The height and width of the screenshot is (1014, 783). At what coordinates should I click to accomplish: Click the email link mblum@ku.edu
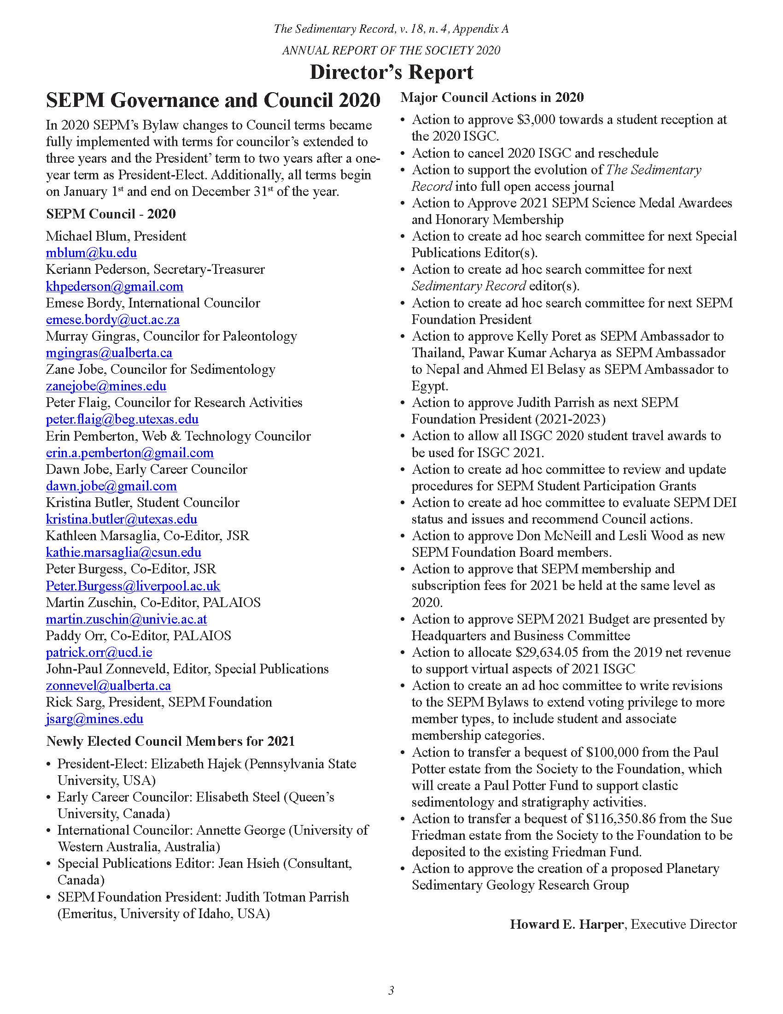pyautogui.click(x=91, y=253)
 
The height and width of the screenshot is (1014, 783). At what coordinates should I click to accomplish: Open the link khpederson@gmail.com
pyautogui.click(x=114, y=287)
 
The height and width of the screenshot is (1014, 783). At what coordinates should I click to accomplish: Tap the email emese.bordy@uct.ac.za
pyautogui.click(x=112, y=320)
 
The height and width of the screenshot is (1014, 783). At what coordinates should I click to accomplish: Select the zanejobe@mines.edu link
pyautogui.click(x=106, y=386)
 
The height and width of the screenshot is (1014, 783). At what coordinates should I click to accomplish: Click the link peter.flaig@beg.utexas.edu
pyautogui.click(x=122, y=420)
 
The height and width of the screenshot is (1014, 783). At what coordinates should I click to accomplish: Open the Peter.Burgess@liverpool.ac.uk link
pyautogui.click(x=133, y=586)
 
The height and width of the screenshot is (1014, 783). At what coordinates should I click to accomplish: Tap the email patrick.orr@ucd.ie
pyautogui.click(x=99, y=653)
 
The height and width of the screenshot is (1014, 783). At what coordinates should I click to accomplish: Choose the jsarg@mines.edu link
pyautogui.click(x=94, y=719)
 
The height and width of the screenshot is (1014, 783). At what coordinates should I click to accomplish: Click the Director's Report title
pyautogui.click(x=391, y=72)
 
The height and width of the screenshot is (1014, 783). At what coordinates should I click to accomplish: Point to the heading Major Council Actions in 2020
pyautogui.click(x=492, y=98)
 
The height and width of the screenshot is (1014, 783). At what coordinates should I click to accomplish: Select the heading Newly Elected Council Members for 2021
pyautogui.click(x=170, y=742)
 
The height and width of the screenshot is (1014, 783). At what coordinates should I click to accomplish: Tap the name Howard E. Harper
pyautogui.click(x=567, y=925)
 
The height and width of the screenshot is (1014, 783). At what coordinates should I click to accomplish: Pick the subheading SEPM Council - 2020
pyautogui.click(x=111, y=214)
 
